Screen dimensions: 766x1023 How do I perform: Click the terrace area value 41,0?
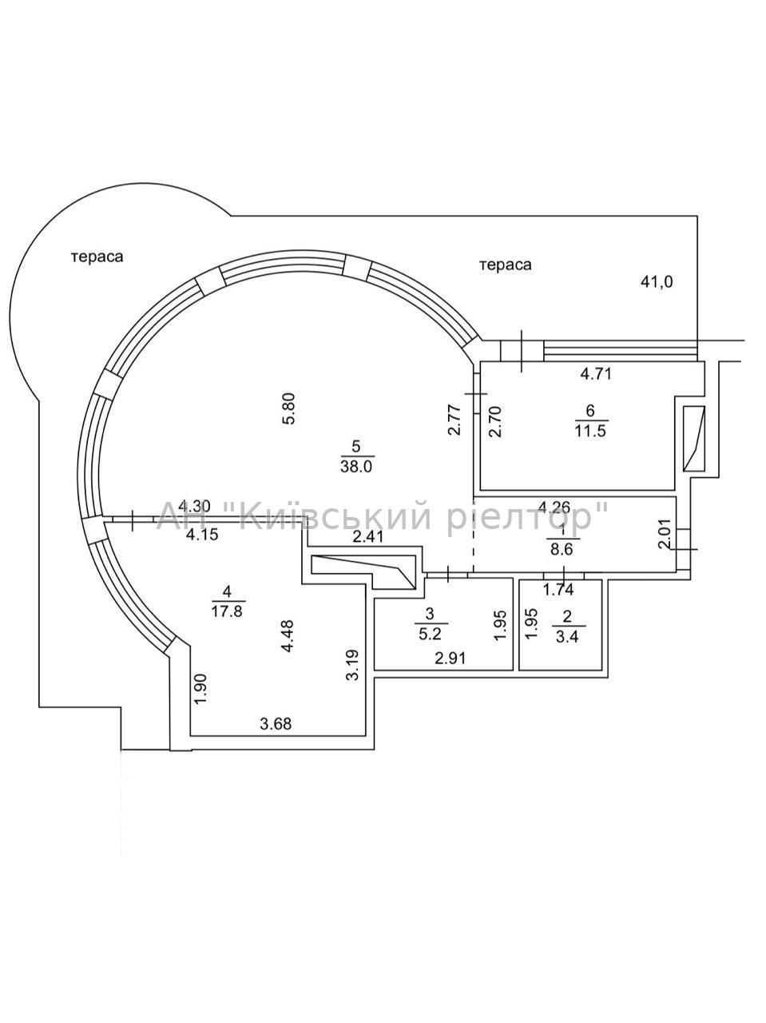pos(657,281)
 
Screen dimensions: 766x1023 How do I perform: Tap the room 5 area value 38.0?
pos(356,467)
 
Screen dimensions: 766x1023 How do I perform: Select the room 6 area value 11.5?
pos(590,431)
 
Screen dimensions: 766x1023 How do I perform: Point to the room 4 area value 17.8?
pos(227,611)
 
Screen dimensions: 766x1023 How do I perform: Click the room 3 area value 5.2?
pos(430,634)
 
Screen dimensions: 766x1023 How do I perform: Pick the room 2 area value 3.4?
pos(567,636)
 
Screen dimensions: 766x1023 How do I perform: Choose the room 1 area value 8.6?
pos(562,549)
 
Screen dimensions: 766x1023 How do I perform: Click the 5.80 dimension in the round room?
pos(288,408)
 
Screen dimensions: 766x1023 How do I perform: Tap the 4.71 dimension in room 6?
pos(596,374)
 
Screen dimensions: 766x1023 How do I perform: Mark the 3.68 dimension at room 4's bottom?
pos(276,723)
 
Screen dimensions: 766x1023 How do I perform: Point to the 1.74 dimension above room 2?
pos(558,590)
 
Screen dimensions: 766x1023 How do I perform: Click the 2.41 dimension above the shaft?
pos(368,537)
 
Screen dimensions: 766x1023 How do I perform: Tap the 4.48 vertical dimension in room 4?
pos(288,637)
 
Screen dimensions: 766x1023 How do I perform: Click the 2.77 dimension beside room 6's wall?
pos(454,420)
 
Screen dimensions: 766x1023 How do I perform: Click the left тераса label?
pos(97,257)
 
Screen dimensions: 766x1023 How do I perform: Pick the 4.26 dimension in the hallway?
pos(554,507)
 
